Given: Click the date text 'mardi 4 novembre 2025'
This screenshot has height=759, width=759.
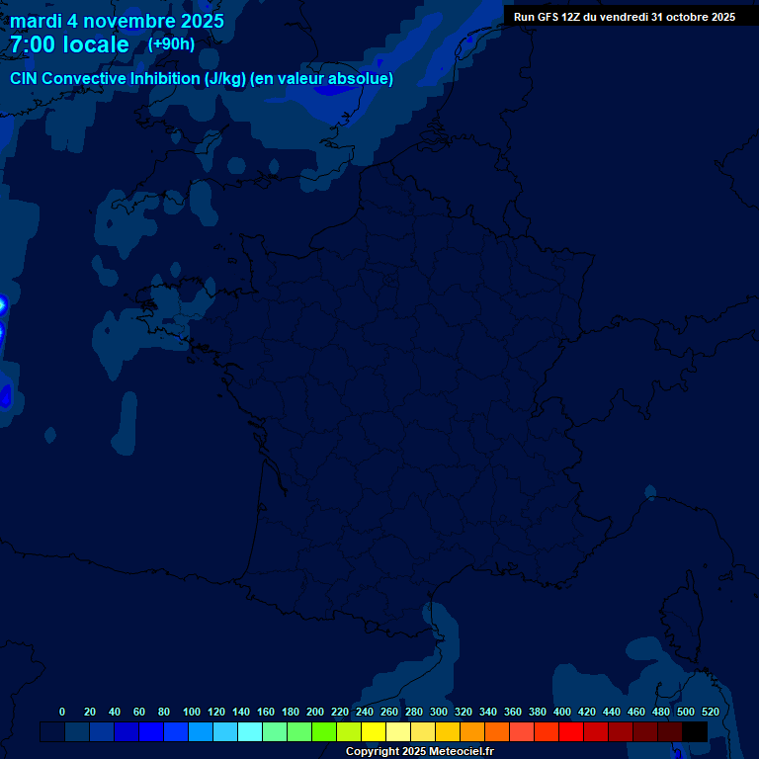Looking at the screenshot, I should point(117,21).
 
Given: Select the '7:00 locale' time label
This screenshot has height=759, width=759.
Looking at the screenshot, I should point(69,44).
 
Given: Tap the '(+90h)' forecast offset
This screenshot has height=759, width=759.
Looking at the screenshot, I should point(171,43).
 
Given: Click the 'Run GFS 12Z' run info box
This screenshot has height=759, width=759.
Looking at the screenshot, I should point(624,17).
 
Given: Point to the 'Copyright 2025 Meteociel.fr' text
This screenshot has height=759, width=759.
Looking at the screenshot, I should point(419,752).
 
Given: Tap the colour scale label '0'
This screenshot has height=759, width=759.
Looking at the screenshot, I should point(62,712).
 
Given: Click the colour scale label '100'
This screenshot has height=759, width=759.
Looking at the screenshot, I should point(192,712).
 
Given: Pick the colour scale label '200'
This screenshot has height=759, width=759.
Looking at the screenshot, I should point(315,712).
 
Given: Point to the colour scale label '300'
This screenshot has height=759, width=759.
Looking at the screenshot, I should point(439,712).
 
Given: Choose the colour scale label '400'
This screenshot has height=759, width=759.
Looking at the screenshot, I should point(562,712).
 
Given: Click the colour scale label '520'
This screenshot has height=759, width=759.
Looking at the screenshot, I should point(710,712).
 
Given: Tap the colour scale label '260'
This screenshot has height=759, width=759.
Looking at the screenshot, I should point(389,712).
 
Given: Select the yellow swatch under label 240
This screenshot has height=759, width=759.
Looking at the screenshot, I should point(374,731).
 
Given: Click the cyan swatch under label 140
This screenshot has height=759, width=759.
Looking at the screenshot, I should point(250,731).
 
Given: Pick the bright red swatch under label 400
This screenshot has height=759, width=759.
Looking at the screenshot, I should point(571,731).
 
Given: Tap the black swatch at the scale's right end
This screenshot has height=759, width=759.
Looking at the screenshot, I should point(695,731).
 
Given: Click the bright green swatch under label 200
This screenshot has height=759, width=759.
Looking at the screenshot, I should point(324,731).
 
